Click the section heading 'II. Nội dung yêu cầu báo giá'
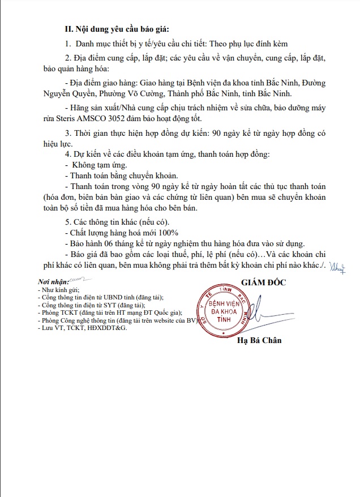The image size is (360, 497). pyautogui.click(x=116, y=29)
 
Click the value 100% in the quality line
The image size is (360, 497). pyautogui.click(x=167, y=233)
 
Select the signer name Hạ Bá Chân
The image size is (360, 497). pyautogui.click(x=259, y=340)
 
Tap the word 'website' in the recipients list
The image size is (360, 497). pyautogui.click(x=168, y=320)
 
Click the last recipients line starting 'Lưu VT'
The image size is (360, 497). pyautogui.click(x=82, y=328)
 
